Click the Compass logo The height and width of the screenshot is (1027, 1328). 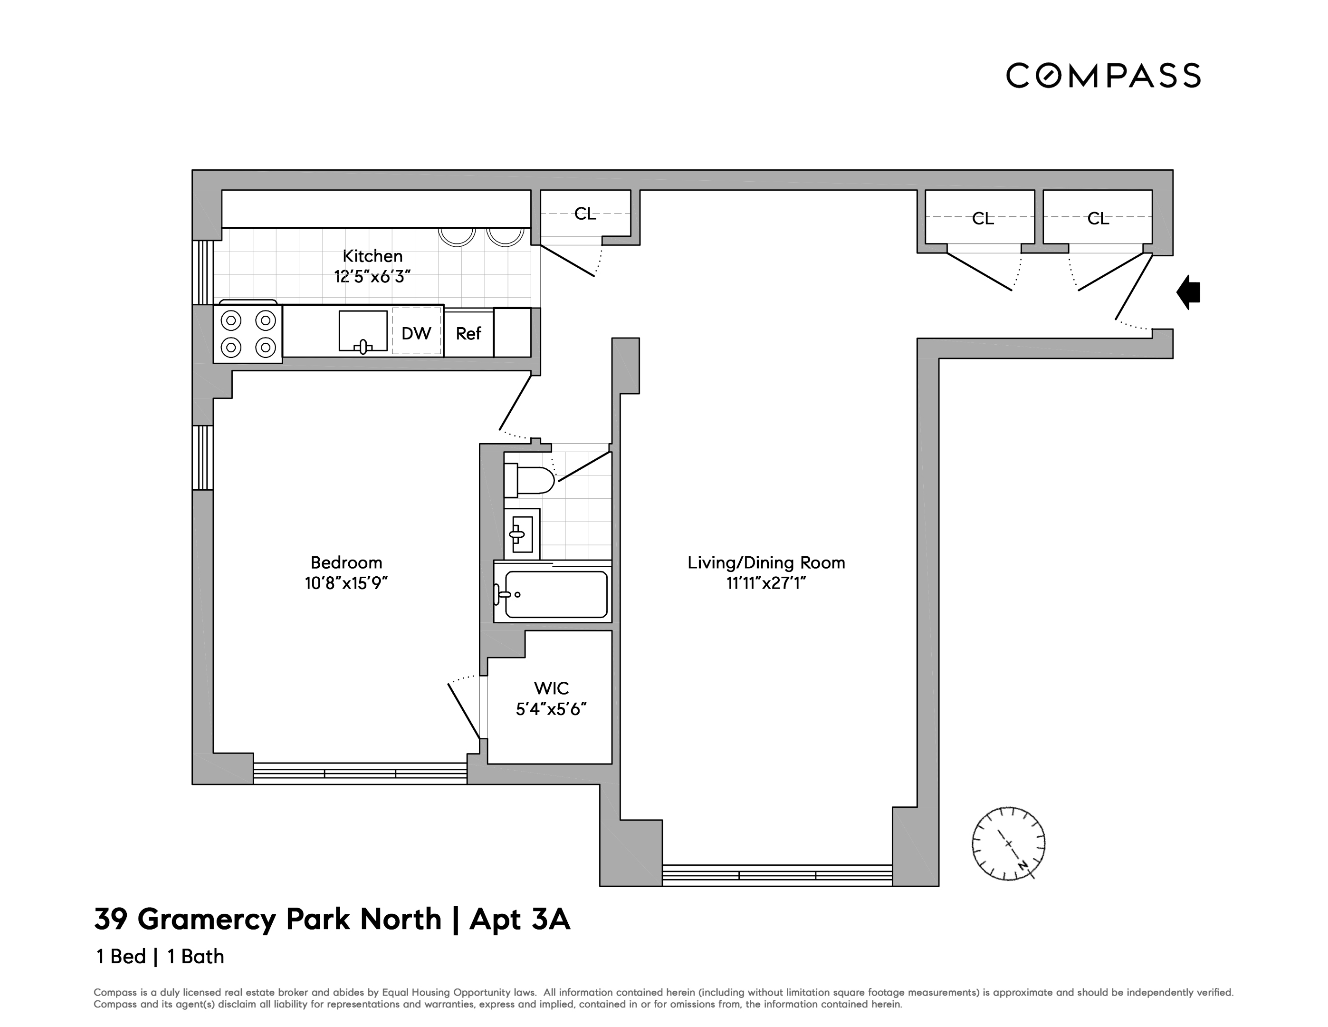(x=1103, y=76)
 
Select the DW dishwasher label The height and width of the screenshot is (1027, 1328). (x=417, y=333)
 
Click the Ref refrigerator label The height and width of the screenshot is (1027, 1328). (x=468, y=333)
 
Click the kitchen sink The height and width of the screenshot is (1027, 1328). (x=363, y=331)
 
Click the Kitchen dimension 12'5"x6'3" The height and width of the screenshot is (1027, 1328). (x=372, y=277)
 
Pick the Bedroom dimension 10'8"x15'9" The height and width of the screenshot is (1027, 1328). (x=346, y=583)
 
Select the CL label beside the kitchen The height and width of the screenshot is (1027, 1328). (x=585, y=214)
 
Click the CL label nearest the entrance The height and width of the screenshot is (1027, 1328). (x=1098, y=218)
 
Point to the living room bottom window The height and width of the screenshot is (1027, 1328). (x=777, y=875)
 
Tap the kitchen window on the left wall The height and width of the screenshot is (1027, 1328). (x=203, y=272)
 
